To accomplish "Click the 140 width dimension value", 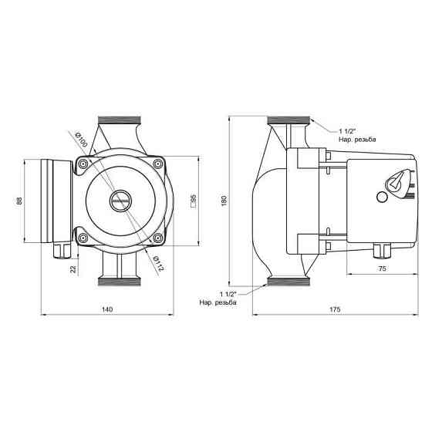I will click(x=107, y=310).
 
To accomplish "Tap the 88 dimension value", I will click(x=19, y=201).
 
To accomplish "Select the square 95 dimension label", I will click(x=193, y=201).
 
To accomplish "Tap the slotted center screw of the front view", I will click(x=119, y=201).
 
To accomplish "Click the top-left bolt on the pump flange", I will click(x=82, y=164).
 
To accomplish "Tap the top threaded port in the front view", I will click(x=119, y=123).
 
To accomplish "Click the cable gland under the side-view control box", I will click(x=379, y=251).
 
